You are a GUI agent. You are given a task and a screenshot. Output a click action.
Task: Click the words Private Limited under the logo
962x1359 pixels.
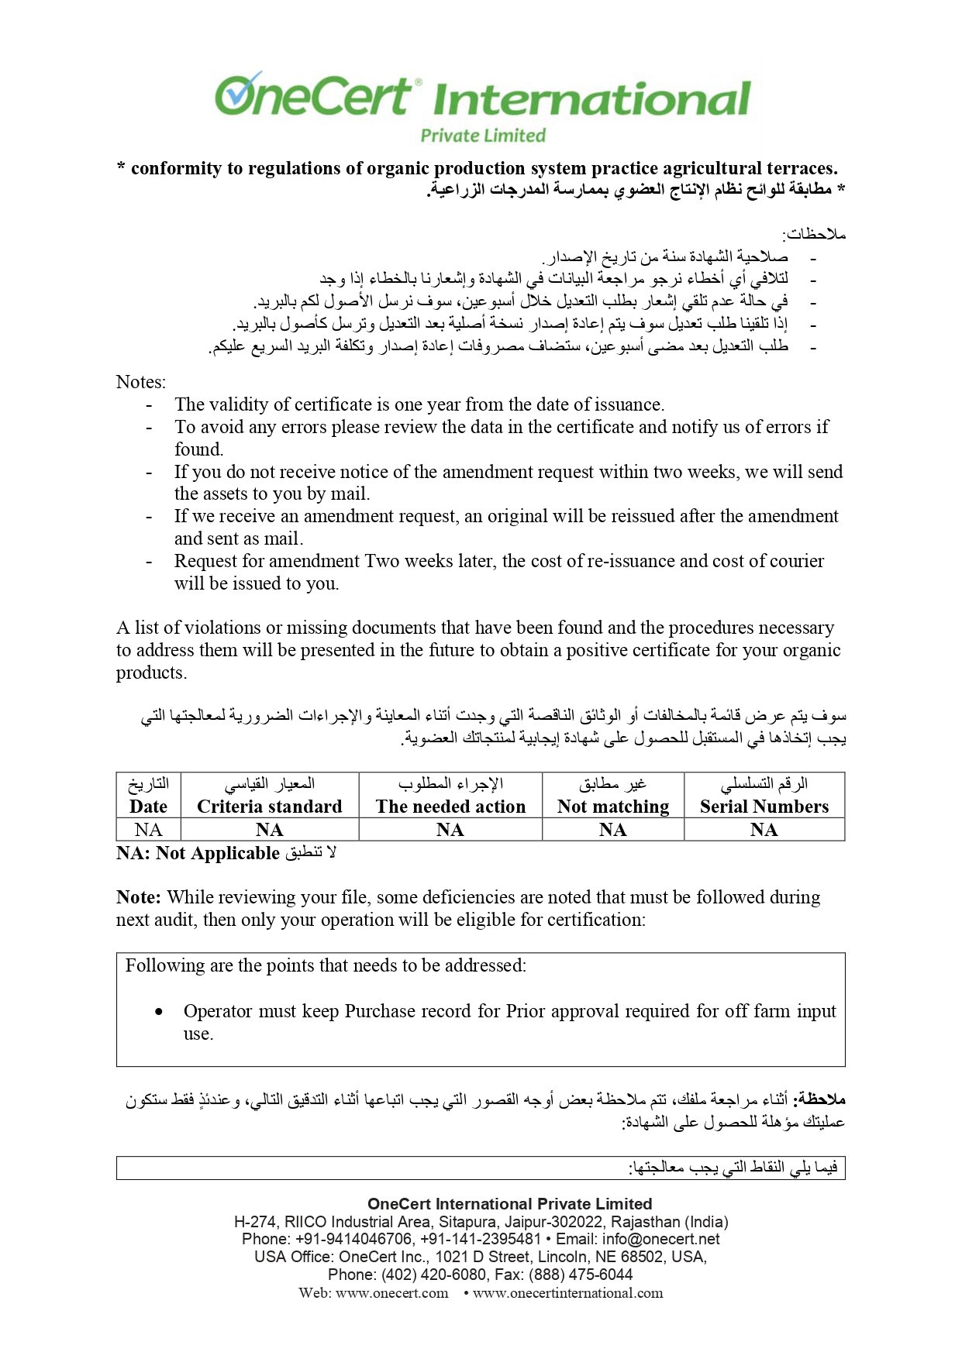click(482, 136)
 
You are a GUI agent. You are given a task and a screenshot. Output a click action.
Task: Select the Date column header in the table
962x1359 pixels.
click(148, 807)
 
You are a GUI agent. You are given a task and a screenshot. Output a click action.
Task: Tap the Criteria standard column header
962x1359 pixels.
click(269, 807)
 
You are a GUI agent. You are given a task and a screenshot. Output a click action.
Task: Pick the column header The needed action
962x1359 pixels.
click(450, 807)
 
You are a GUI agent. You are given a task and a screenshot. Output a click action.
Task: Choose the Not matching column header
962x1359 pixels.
click(612, 807)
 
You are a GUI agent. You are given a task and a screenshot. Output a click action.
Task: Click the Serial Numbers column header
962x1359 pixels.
click(764, 807)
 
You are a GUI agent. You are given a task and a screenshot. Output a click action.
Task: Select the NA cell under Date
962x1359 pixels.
click(148, 830)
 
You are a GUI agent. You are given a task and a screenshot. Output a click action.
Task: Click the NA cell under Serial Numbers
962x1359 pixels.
click(764, 830)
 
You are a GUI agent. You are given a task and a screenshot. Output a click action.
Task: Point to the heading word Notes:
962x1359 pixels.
click(140, 382)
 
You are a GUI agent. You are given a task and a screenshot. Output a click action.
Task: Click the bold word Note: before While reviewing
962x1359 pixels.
click(139, 897)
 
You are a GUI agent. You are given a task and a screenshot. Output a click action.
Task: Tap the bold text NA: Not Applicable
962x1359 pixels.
click(198, 853)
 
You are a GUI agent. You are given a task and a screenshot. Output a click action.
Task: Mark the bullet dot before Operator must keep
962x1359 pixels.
click(159, 1012)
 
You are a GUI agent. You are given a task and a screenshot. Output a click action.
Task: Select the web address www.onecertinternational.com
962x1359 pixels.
click(567, 1293)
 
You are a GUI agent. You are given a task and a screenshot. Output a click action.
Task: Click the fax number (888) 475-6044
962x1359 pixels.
click(581, 1275)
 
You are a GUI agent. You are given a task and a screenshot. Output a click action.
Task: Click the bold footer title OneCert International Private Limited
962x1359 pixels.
click(509, 1204)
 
